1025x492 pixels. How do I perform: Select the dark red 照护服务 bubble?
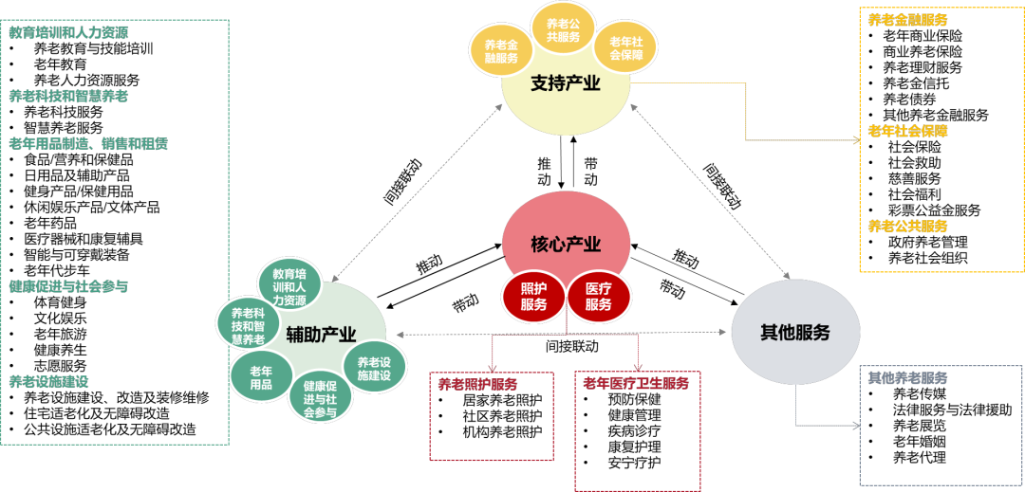click(534, 296)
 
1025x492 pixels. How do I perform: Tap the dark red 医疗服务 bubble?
click(598, 296)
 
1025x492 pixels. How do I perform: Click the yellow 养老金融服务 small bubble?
click(500, 51)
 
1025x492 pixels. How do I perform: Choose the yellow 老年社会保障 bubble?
click(625, 48)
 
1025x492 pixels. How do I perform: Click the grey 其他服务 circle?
click(794, 333)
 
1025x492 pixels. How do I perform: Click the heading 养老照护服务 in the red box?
click(477, 384)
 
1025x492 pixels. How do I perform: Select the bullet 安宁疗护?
click(634, 464)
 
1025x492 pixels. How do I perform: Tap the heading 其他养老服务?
click(907, 377)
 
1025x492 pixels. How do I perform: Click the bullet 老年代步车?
click(63, 270)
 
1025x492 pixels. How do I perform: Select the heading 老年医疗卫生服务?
click(636, 383)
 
